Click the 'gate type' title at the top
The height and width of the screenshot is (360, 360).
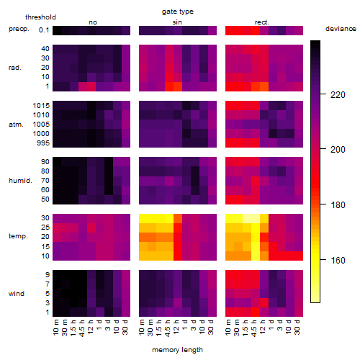[178, 12]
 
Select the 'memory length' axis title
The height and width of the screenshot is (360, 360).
[177, 350]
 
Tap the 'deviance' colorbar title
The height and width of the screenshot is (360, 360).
[341, 29]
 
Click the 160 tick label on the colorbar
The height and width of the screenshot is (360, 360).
[338, 260]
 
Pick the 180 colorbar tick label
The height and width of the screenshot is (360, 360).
[338, 205]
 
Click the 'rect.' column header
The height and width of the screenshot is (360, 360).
[262, 22]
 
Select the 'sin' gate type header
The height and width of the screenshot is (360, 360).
[177, 22]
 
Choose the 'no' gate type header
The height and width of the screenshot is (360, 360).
[93, 22]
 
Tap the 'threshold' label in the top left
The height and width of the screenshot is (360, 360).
[40, 17]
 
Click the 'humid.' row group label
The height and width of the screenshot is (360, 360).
[20, 181]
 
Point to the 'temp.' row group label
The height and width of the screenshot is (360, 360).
[18, 236]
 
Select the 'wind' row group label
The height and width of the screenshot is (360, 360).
[17, 294]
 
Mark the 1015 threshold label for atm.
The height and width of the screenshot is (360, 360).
[41, 106]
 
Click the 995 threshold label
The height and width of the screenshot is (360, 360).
[43, 143]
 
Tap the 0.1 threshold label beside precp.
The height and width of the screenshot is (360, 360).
[44, 30]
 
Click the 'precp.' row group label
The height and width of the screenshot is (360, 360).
[19, 29]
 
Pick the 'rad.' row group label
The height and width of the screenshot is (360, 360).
[15, 68]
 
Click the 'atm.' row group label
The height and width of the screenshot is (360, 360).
[16, 125]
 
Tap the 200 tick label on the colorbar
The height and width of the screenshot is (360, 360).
[338, 150]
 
